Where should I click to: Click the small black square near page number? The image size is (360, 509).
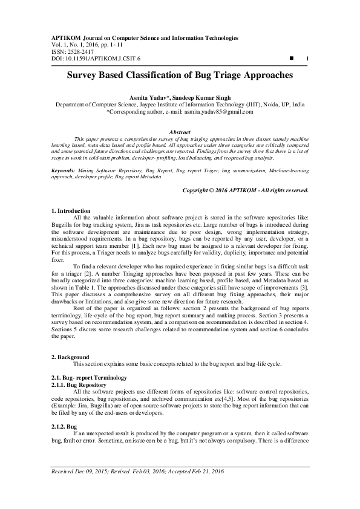292,58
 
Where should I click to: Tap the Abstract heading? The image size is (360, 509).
180,132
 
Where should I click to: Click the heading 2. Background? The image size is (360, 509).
70,357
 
